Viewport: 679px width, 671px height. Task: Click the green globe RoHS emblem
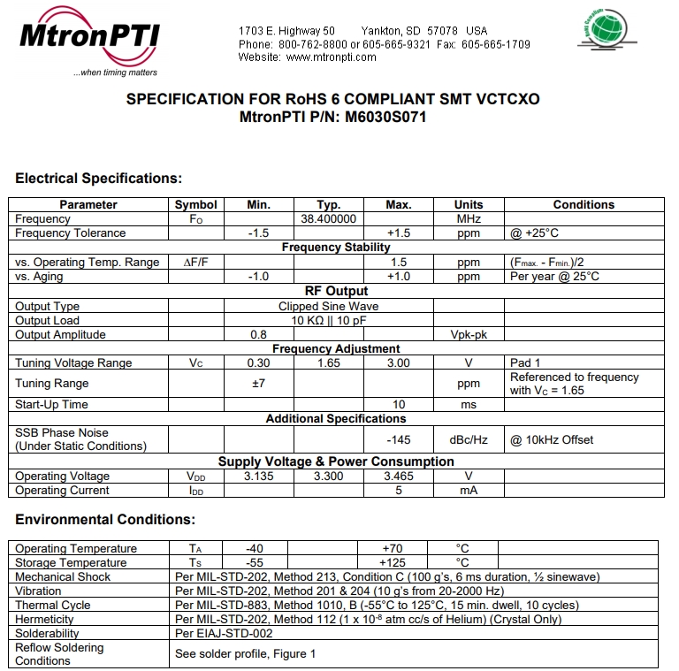click(x=603, y=27)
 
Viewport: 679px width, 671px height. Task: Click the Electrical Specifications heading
click(x=98, y=179)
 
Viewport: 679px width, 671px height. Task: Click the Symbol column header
click(x=195, y=204)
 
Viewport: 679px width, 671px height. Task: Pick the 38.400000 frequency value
click(x=328, y=218)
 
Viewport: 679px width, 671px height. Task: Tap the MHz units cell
click(x=468, y=218)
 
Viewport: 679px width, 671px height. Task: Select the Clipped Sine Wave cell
click(x=328, y=306)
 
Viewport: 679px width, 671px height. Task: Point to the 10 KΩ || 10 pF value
click(x=328, y=320)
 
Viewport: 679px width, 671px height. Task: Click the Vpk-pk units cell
click(x=468, y=335)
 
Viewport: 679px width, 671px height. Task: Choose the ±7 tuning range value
click(x=258, y=384)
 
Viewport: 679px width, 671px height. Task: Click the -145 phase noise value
click(x=399, y=439)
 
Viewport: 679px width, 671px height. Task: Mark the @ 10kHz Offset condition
click(x=552, y=439)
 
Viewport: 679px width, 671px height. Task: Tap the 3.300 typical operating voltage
click(x=328, y=476)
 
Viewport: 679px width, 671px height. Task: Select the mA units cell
click(x=468, y=490)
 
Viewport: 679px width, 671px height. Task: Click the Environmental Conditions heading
click(x=105, y=520)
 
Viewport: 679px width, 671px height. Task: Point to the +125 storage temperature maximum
click(x=392, y=562)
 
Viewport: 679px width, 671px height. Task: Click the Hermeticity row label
click(x=44, y=619)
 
